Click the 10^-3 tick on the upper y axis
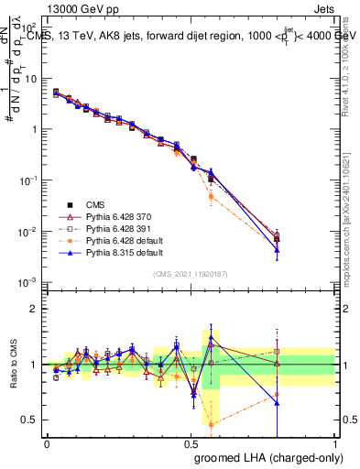[x=30, y=282]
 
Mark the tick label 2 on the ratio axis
[x=35, y=309]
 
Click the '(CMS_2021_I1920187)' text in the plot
[x=191, y=274]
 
